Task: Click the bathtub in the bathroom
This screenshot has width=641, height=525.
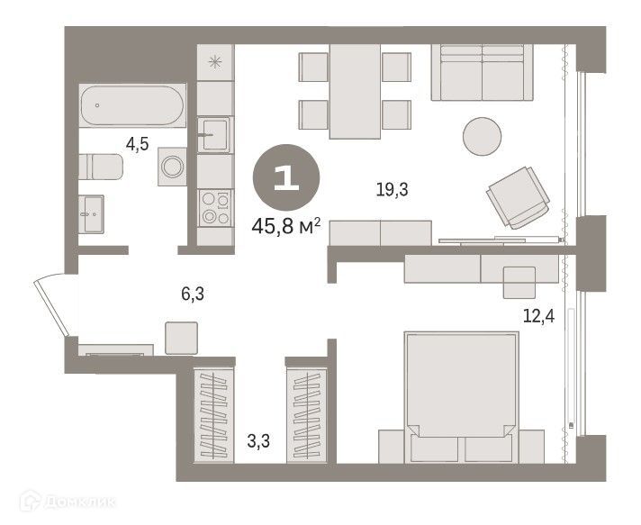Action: [132, 105]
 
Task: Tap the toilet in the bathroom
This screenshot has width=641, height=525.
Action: [101, 167]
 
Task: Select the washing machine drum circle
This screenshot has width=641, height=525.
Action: [172, 167]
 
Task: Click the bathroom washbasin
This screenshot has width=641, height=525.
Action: [91, 214]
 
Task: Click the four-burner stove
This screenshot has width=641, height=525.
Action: [215, 208]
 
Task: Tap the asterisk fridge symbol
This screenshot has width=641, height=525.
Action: [215, 62]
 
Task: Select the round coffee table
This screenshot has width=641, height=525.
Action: [482, 136]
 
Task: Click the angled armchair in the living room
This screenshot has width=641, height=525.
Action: [518, 197]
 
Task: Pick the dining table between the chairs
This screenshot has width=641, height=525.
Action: [356, 92]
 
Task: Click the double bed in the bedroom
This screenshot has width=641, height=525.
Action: [462, 397]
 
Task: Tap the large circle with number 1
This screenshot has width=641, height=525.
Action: [286, 177]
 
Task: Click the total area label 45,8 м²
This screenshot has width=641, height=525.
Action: [285, 226]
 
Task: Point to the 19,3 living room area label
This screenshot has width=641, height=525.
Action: [392, 190]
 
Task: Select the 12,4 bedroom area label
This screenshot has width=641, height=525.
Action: [538, 316]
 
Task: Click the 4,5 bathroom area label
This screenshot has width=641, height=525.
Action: [137, 144]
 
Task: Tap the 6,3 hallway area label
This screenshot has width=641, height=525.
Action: [193, 294]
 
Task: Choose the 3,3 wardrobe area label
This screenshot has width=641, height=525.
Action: [258, 441]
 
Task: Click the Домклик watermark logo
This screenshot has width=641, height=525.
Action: [67, 501]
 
